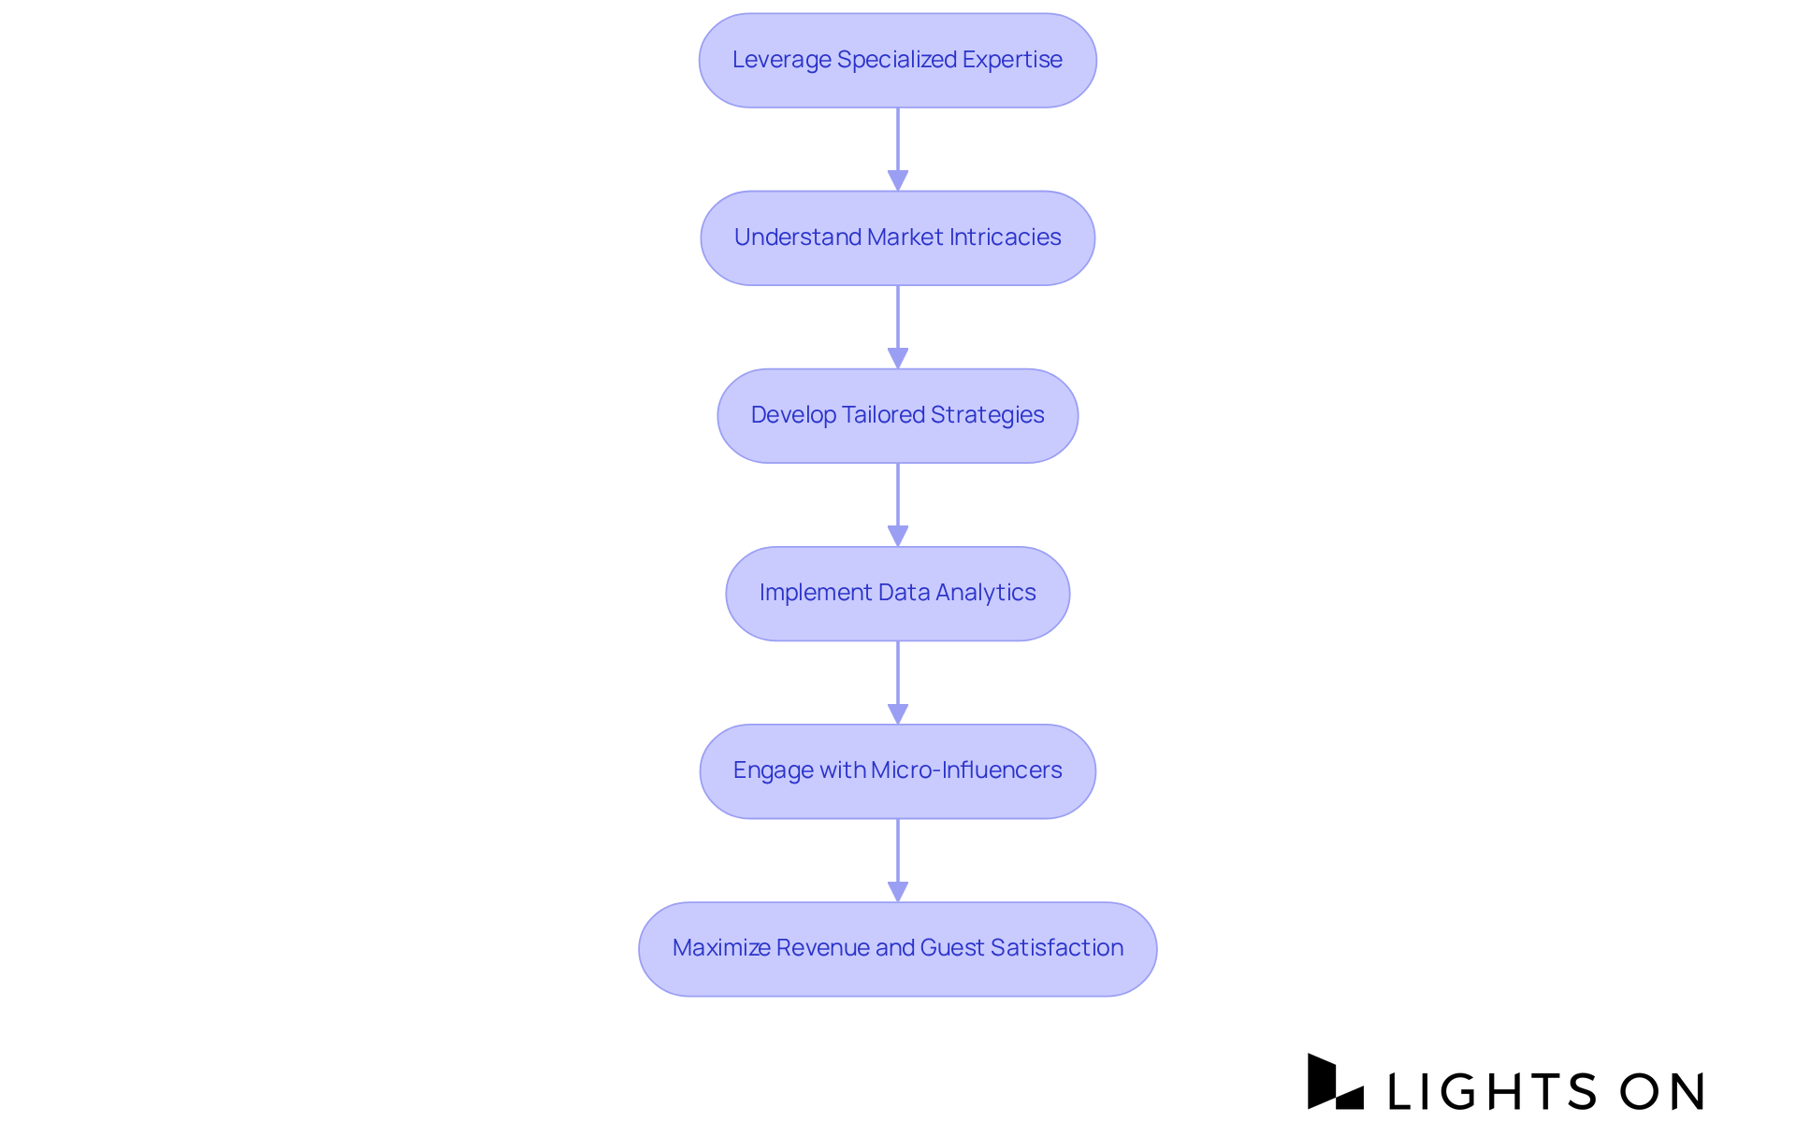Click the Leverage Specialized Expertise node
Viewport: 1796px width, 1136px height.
coord(897,60)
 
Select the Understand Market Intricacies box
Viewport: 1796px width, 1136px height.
coord(897,237)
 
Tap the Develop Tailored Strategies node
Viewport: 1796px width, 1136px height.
coord(897,415)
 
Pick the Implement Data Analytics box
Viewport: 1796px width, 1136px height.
coord(897,593)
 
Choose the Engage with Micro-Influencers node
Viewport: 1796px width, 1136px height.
coord(897,770)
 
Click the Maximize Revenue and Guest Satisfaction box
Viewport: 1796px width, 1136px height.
coord(897,948)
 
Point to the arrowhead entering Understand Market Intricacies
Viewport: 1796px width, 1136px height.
coord(898,180)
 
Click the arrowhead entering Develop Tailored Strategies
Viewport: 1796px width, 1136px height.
coord(898,358)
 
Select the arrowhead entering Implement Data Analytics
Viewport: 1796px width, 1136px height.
coord(898,536)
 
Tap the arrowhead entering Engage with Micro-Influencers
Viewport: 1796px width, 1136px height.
coord(898,713)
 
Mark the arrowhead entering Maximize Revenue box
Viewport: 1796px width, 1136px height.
coord(898,891)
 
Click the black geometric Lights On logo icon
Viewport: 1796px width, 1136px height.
coord(1334,1083)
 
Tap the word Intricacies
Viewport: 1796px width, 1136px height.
coord(1005,237)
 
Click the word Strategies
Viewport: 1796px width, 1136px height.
coord(987,415)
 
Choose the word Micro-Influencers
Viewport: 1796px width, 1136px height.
coord(966,770)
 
